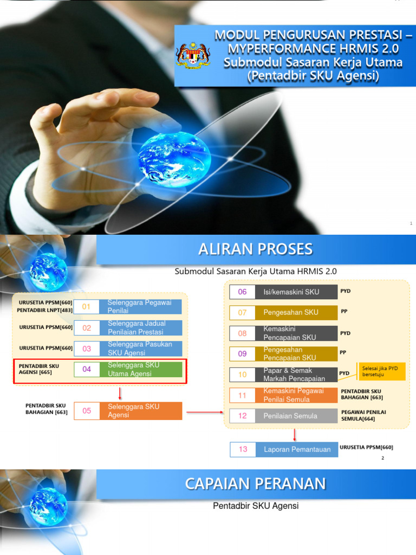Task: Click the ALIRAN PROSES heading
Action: pyautogui.click(x=256, y=249)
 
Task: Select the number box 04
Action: pyautogui.click(x=87, y=369)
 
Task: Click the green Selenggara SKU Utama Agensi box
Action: pyautogui.click(x=141, y=369)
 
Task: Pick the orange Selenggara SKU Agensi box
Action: pyautogui.click(x=141, y=411)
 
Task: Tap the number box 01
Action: pyautogui.click(x=87, y=307)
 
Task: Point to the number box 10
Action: pyautogui.click(x=242, y=375)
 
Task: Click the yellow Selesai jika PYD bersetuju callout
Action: pyautogui.click(x=382, y=372)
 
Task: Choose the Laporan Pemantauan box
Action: pyautogui.click(x=297, y=449)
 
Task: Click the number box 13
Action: pyautogui.click(x=243, y=449)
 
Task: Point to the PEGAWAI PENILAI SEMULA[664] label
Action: pyautogui.click(x=363, y=415)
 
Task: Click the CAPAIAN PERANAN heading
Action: pyautogui.click(x=256, y=483)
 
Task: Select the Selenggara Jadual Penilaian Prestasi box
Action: pyautogui.click(x=141, y=327)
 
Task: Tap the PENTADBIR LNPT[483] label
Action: pyautogui.click(x=44, y=310)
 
